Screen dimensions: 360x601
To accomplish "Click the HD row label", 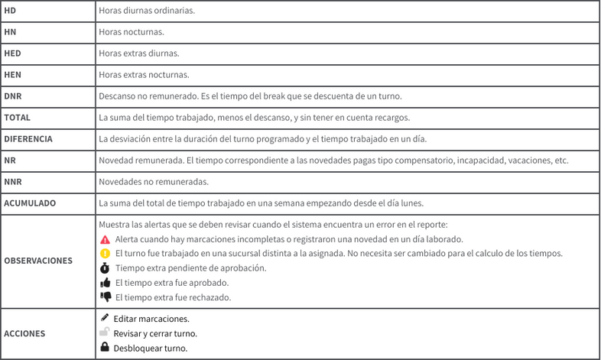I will click(x=10, y=11).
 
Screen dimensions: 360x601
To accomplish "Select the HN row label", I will click(x=10, y=32).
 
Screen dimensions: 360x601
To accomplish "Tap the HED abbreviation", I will click(x=12, y=54).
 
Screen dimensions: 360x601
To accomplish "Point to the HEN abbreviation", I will click(x=12, y=75).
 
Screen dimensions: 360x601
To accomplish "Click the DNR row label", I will click(x=13, y=96).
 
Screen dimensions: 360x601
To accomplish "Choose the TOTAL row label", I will click(x=17, y=118).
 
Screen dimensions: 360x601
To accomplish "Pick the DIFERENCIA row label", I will click(x=28, y=139).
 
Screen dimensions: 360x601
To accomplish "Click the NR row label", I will click(x=10, y=161).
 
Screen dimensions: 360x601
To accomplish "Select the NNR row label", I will click(x=12, y=182).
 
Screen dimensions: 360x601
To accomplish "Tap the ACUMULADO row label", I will click(x=30, y=203).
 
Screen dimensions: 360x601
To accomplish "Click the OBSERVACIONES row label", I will click(x=38, y=261).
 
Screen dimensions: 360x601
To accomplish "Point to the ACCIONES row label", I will click(x=24, y=333).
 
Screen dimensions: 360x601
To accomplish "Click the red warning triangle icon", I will click(x=106, y=239).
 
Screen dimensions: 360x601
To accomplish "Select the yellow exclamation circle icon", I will click(x=106, y=254).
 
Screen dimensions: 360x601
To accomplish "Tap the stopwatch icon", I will click(x=106, y=268).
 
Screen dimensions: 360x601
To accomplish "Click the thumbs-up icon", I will click(x=106, y=283).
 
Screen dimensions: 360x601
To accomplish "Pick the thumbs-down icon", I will click(x=106, y=297).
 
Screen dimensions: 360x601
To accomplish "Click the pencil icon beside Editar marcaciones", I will click(x=105, y=317).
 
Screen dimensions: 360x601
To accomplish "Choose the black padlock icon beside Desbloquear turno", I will click(x=105, y=347).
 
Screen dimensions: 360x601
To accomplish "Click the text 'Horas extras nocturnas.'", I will click(x=144, y=75).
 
